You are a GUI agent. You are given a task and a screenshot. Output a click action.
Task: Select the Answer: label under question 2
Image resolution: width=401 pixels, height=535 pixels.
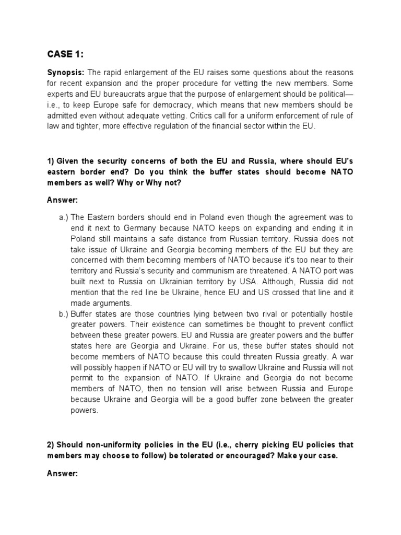[62, 473]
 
